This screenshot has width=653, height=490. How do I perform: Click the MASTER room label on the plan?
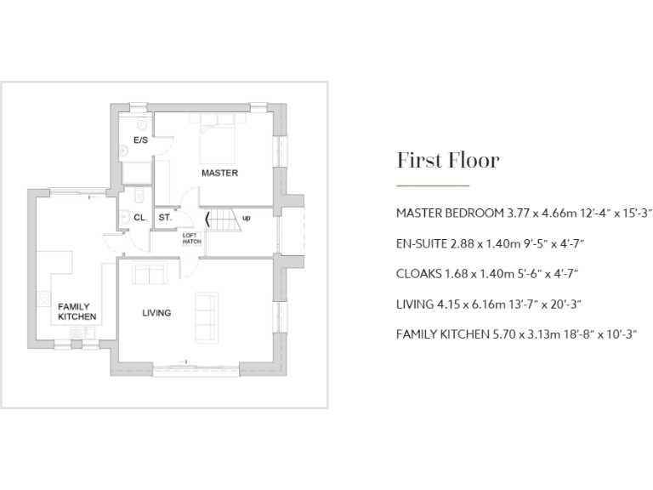[219, 173]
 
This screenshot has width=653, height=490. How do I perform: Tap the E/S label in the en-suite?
[140, 140]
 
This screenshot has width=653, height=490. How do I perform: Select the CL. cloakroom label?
[140, 218]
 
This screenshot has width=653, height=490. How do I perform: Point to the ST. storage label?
[164, 218]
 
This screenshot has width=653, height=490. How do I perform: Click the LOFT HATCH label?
[191, 239]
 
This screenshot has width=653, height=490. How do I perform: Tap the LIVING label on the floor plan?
[156, 313]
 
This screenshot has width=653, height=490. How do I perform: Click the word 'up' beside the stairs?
[247, 218]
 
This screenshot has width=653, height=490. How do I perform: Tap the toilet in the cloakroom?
[124, 216]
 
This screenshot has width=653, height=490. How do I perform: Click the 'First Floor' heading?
[447, 161]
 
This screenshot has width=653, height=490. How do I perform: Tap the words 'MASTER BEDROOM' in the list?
[449, 213]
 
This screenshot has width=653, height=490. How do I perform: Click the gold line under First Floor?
[433, 185]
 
